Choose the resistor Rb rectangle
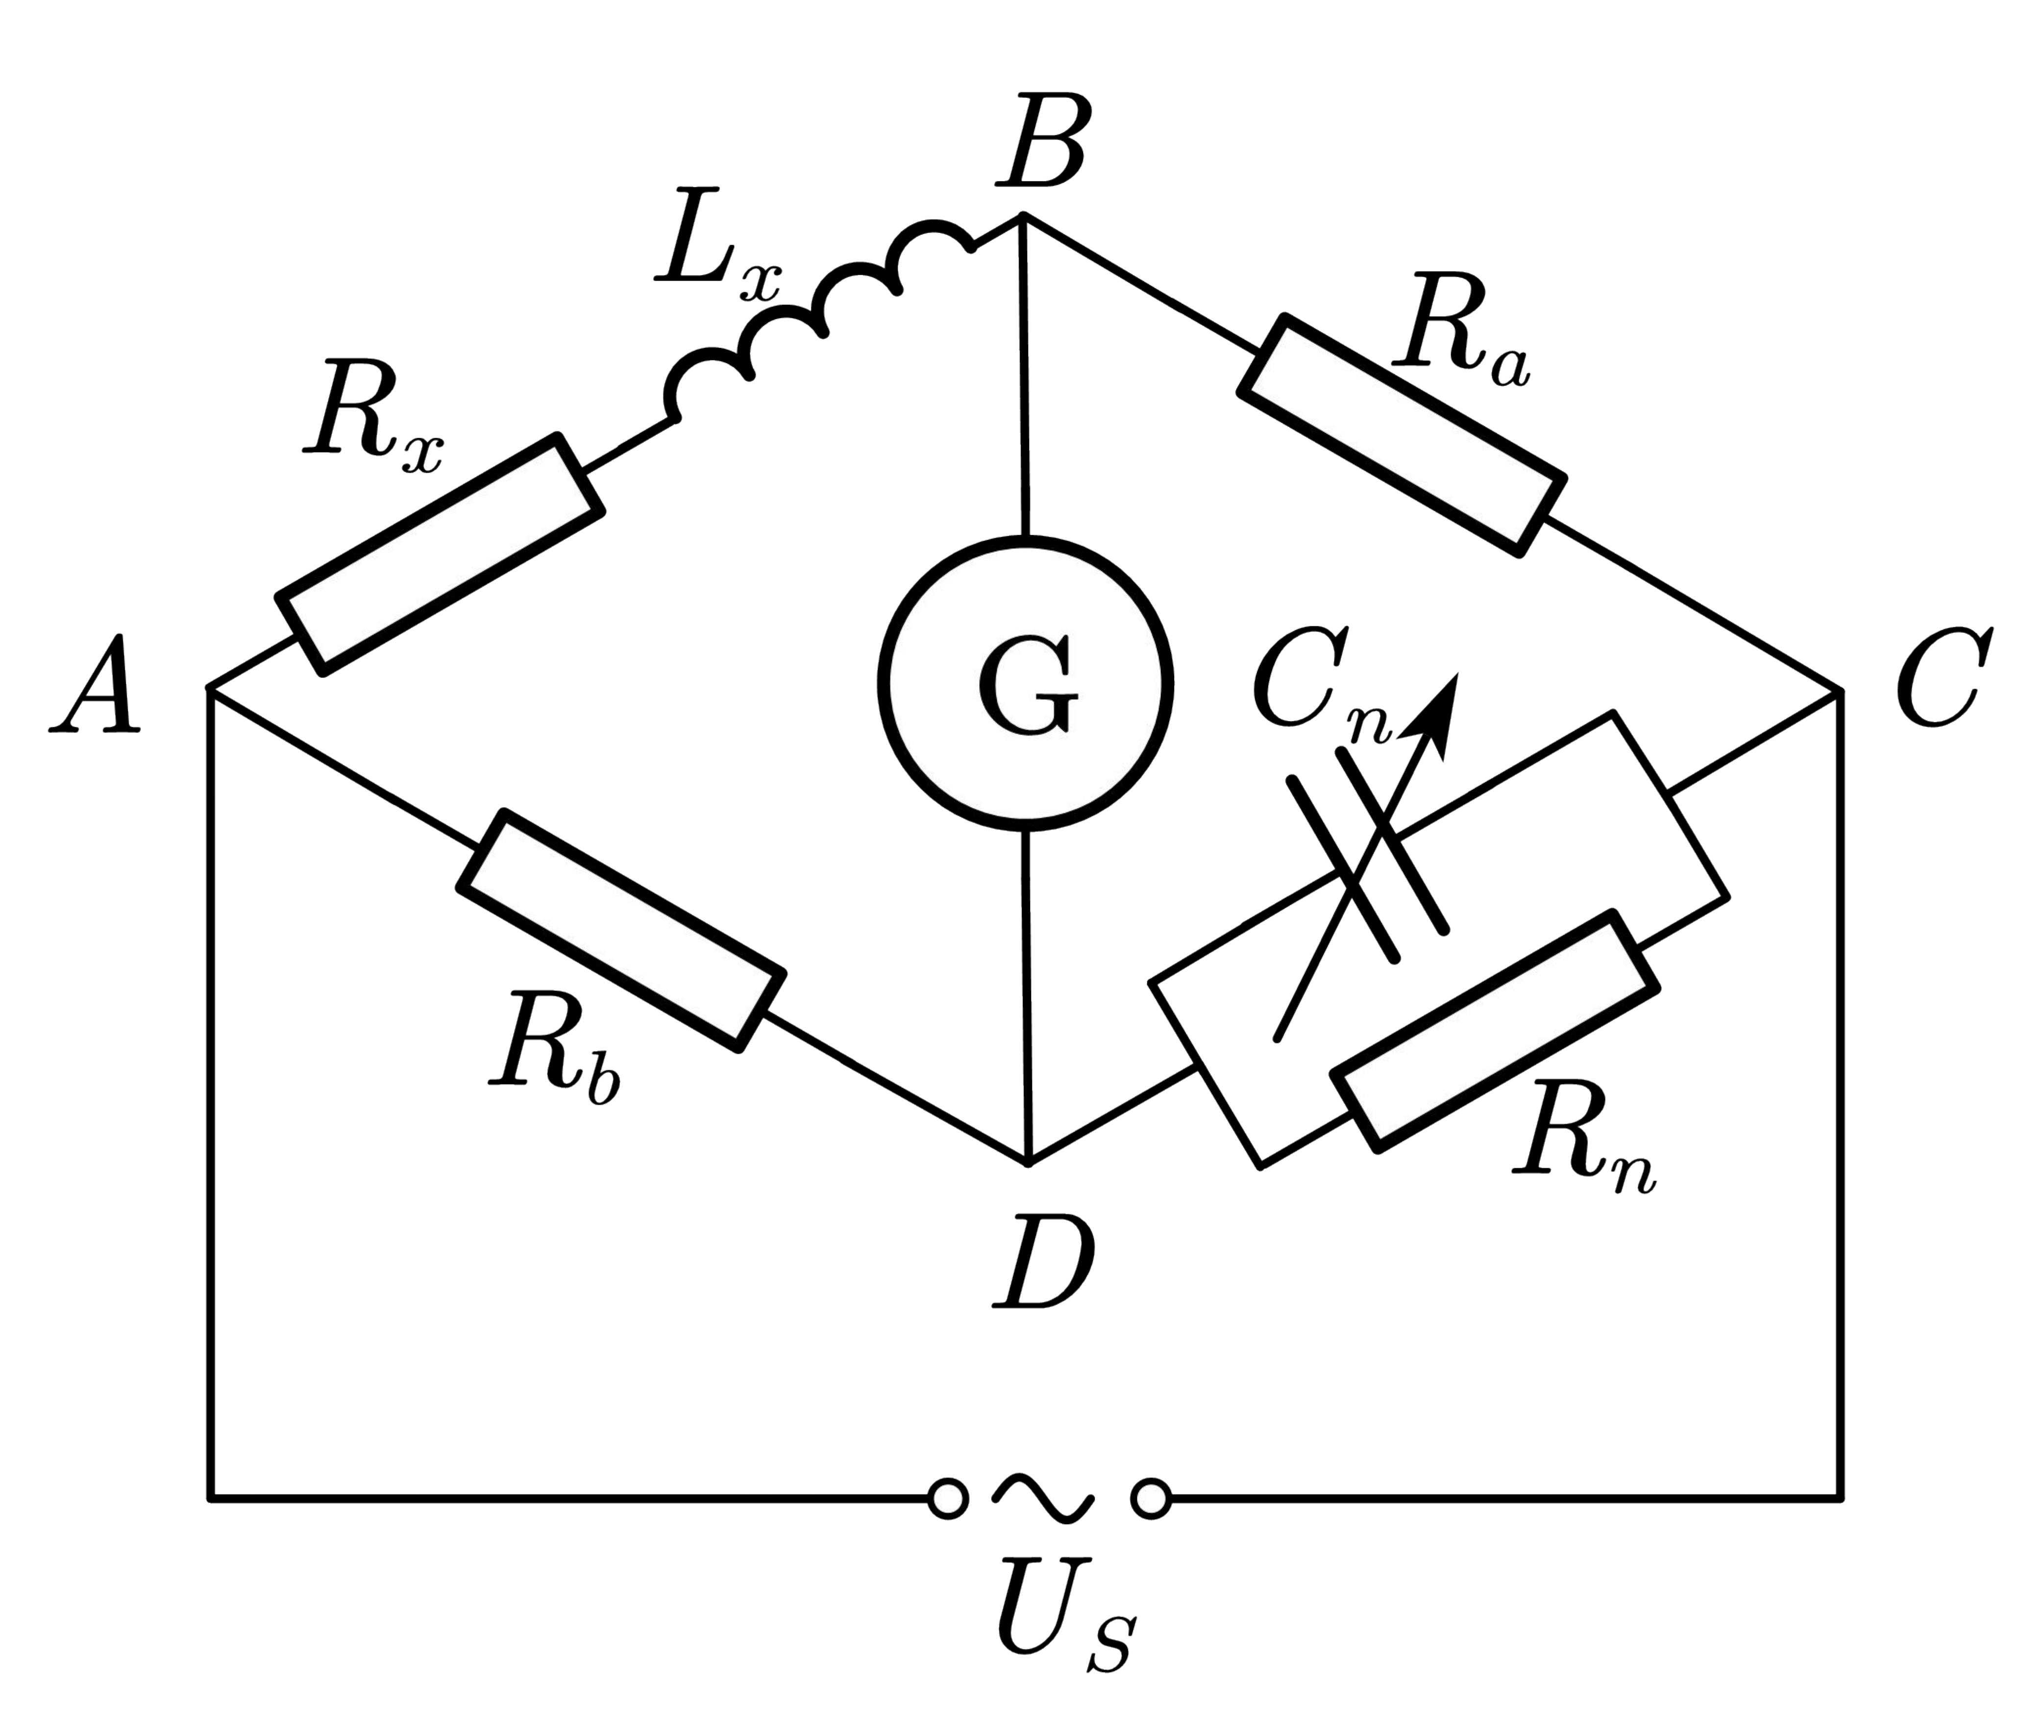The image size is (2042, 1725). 622,930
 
